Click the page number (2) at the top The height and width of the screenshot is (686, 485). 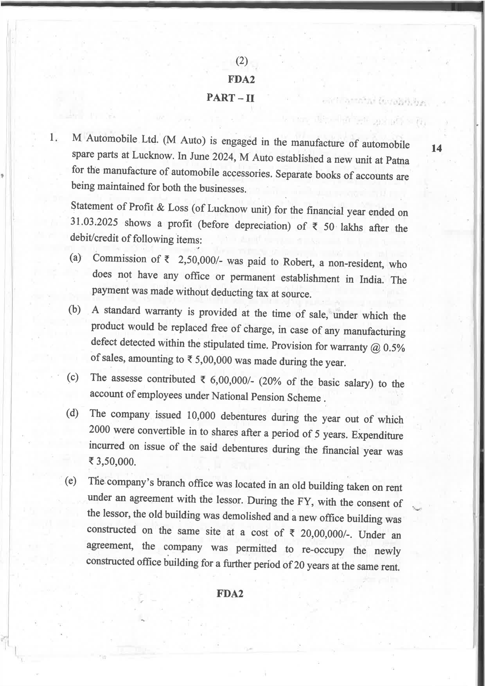click(242, 61)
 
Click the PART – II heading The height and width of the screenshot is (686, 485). click(230, 97)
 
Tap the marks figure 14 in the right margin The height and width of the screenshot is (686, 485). click(436, 148)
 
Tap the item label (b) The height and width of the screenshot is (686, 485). click(75, 310)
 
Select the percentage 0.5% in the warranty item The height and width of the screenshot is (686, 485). click(394, 348)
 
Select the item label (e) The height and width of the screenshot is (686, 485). click(71, 481)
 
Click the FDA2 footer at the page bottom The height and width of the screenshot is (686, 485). click(230, 594)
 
